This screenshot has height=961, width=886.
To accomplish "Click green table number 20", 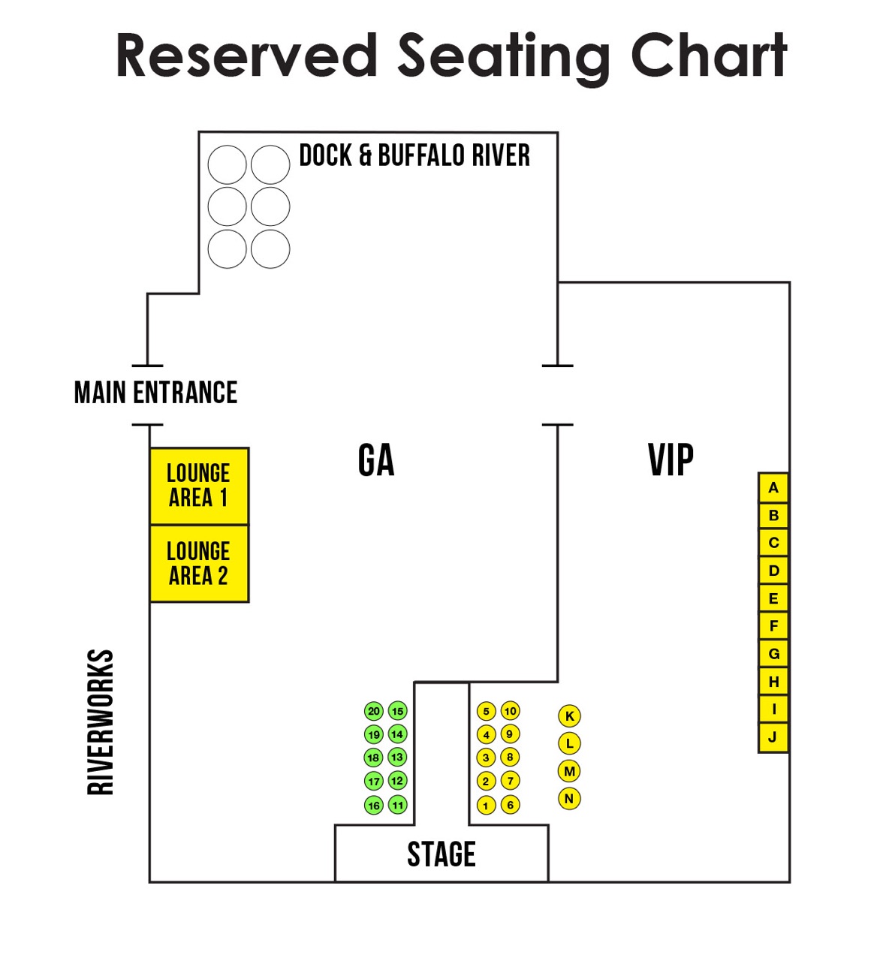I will tap(373, 711).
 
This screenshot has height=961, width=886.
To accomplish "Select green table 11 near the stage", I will tap(397, 805).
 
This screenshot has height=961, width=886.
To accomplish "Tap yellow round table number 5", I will tap(487, 711).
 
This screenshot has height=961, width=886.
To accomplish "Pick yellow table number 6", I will tap(510, 805).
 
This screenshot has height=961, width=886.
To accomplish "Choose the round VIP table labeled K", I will tap(569, 715).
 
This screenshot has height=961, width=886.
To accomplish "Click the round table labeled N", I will tap(569, 798).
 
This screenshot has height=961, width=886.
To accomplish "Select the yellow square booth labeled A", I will tap(773, 487).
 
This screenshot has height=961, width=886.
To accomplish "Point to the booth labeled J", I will tap(773, 737).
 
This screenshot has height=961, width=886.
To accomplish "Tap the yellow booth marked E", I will tap(773, 598).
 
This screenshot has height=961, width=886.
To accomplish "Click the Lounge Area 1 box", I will tap(199, 486).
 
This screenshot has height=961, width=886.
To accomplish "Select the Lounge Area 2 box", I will tap(199, 563).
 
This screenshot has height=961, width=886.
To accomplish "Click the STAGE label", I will tap(441, 854).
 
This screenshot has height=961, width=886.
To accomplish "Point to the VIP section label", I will tap(671, 459).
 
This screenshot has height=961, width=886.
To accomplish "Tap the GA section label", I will tap(376, 459).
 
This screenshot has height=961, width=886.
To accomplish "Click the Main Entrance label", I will tap(155, 393).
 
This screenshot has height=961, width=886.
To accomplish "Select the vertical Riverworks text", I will tap(101, 722).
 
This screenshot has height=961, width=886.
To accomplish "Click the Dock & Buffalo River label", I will tap(414, 155).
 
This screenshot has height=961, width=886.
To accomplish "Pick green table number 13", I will tap(397, 758).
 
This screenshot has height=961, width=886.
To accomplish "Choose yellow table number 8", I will tap(510, 758).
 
